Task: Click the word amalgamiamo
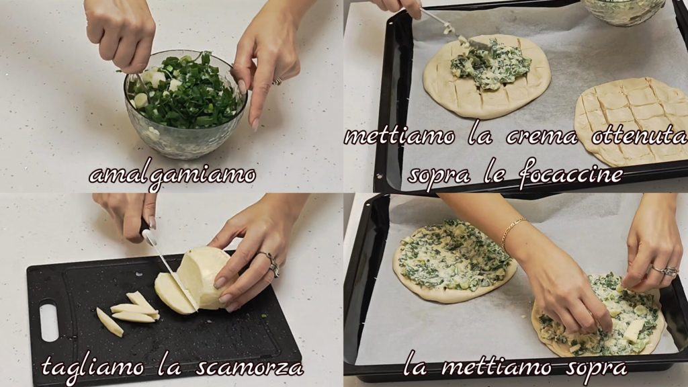[x=172, y=175]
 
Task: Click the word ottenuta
[x=639, y=136]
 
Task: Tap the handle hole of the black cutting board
[x=48, y=320]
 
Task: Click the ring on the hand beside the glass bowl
[x=277, y=81]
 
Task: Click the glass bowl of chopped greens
[x=185, y=104]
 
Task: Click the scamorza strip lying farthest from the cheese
[x=110, y=322]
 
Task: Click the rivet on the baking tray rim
[x=379, y=177]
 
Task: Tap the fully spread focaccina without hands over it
[x=454, y=261]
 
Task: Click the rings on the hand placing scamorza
[x=664, y=271]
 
